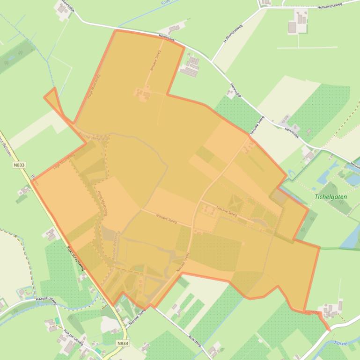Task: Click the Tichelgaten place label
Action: click(x=331, y=197)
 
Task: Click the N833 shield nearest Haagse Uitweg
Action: click(x=122, y=343)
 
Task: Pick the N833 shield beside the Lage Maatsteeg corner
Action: click(x=19, y=165)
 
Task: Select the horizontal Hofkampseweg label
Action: click(x=330, y=6)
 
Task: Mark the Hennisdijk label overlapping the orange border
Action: click(x=166, y=40)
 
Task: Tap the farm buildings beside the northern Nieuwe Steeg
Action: click(x=143, y=94)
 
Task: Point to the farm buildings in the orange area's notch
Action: click(x=191, y=66)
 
